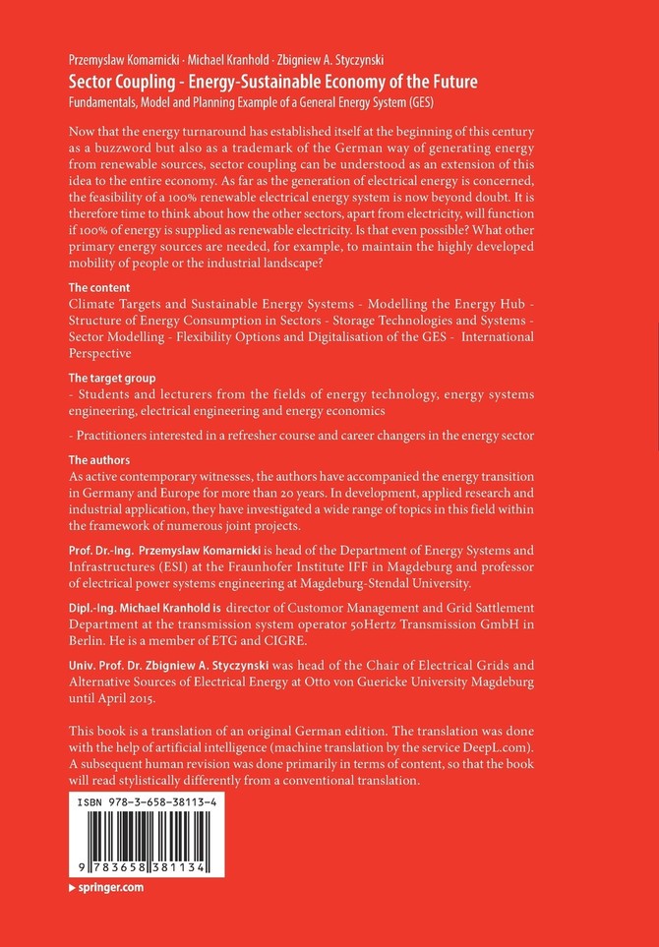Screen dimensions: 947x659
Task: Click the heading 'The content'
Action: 98,287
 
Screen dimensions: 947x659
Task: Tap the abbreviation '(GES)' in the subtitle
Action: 417,102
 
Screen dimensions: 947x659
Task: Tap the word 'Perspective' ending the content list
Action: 105,353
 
